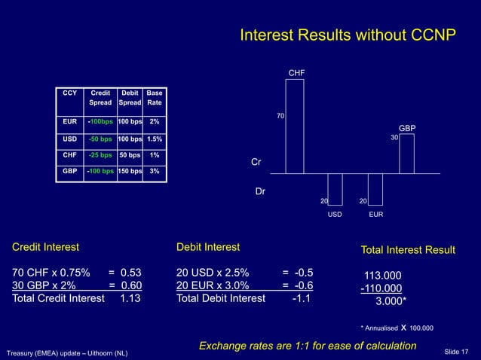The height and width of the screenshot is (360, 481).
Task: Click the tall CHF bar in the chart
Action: (294, 126)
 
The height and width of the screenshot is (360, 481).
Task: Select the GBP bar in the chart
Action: (406, 154)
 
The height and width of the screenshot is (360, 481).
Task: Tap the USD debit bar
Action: (335, 188)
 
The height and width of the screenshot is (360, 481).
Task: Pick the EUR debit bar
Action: (375, 188)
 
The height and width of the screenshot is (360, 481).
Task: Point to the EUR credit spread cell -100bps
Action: (100, 122)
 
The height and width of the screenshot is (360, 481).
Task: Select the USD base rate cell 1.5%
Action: (154, 139)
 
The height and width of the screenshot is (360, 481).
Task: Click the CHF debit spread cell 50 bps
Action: (130, 156)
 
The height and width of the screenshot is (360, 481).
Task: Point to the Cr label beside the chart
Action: (256, 162)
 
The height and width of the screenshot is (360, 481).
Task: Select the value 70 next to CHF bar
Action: (280, 117)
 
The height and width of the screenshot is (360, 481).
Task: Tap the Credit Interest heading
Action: (44, 247)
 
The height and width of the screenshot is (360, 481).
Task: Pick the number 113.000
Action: (383, 275)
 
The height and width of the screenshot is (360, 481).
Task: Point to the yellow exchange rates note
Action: (307, 346)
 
